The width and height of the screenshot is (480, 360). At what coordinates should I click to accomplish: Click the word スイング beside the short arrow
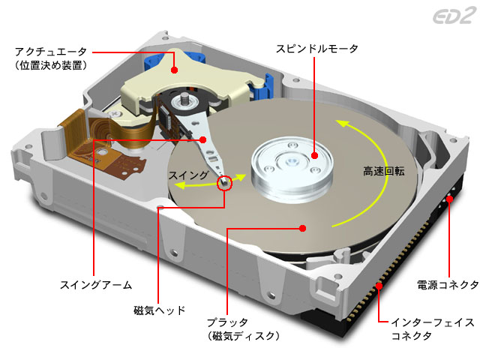pyautogui.click(x=188, y=175)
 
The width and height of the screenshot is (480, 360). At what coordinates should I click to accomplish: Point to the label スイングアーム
pyautogui.click(x=95, y=285)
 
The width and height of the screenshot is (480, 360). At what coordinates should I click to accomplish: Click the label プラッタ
pyautogui.click(x=226, y=322)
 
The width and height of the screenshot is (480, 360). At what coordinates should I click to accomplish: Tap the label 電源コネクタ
pyautogui.click(x=448, y=285)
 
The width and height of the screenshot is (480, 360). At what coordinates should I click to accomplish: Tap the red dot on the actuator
pyautogui.click(x=174, y=69)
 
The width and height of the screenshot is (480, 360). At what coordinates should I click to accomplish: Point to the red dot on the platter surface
pyautogui.click(x=303, y=226)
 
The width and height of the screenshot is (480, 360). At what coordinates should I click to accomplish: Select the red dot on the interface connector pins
pyautogui.click(x=380, y=286)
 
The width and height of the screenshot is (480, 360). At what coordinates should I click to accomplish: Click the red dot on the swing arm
pyautogui.click(x=203, y=139)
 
